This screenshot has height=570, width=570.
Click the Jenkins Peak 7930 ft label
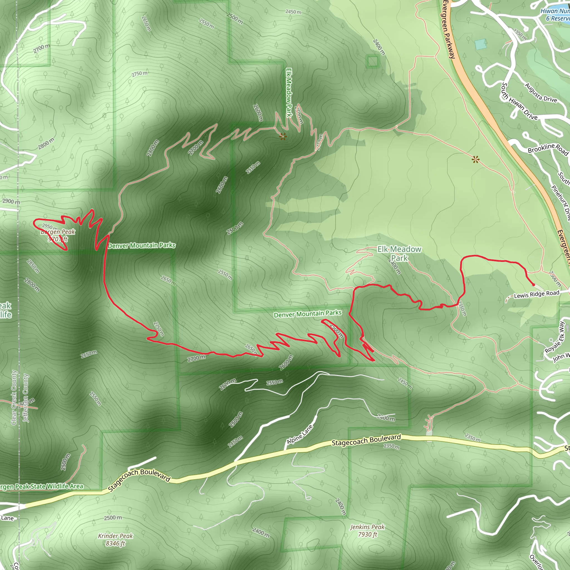367,530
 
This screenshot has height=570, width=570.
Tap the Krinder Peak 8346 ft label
115,539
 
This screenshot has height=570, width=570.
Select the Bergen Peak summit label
58,235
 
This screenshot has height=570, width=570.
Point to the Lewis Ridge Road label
536,294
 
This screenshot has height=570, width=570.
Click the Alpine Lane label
299,434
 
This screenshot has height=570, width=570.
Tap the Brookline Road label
547,149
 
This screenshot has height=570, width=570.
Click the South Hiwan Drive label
519,102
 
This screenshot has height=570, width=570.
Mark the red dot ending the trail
534,285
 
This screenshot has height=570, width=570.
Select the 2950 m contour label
50,227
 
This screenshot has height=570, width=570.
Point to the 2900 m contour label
11,201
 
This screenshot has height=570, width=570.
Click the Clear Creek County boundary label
14,397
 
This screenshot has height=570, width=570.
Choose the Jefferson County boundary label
26,398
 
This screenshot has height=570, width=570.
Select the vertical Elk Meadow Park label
289,93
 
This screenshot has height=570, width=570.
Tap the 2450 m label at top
293,12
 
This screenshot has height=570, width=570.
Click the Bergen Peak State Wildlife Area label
41,487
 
